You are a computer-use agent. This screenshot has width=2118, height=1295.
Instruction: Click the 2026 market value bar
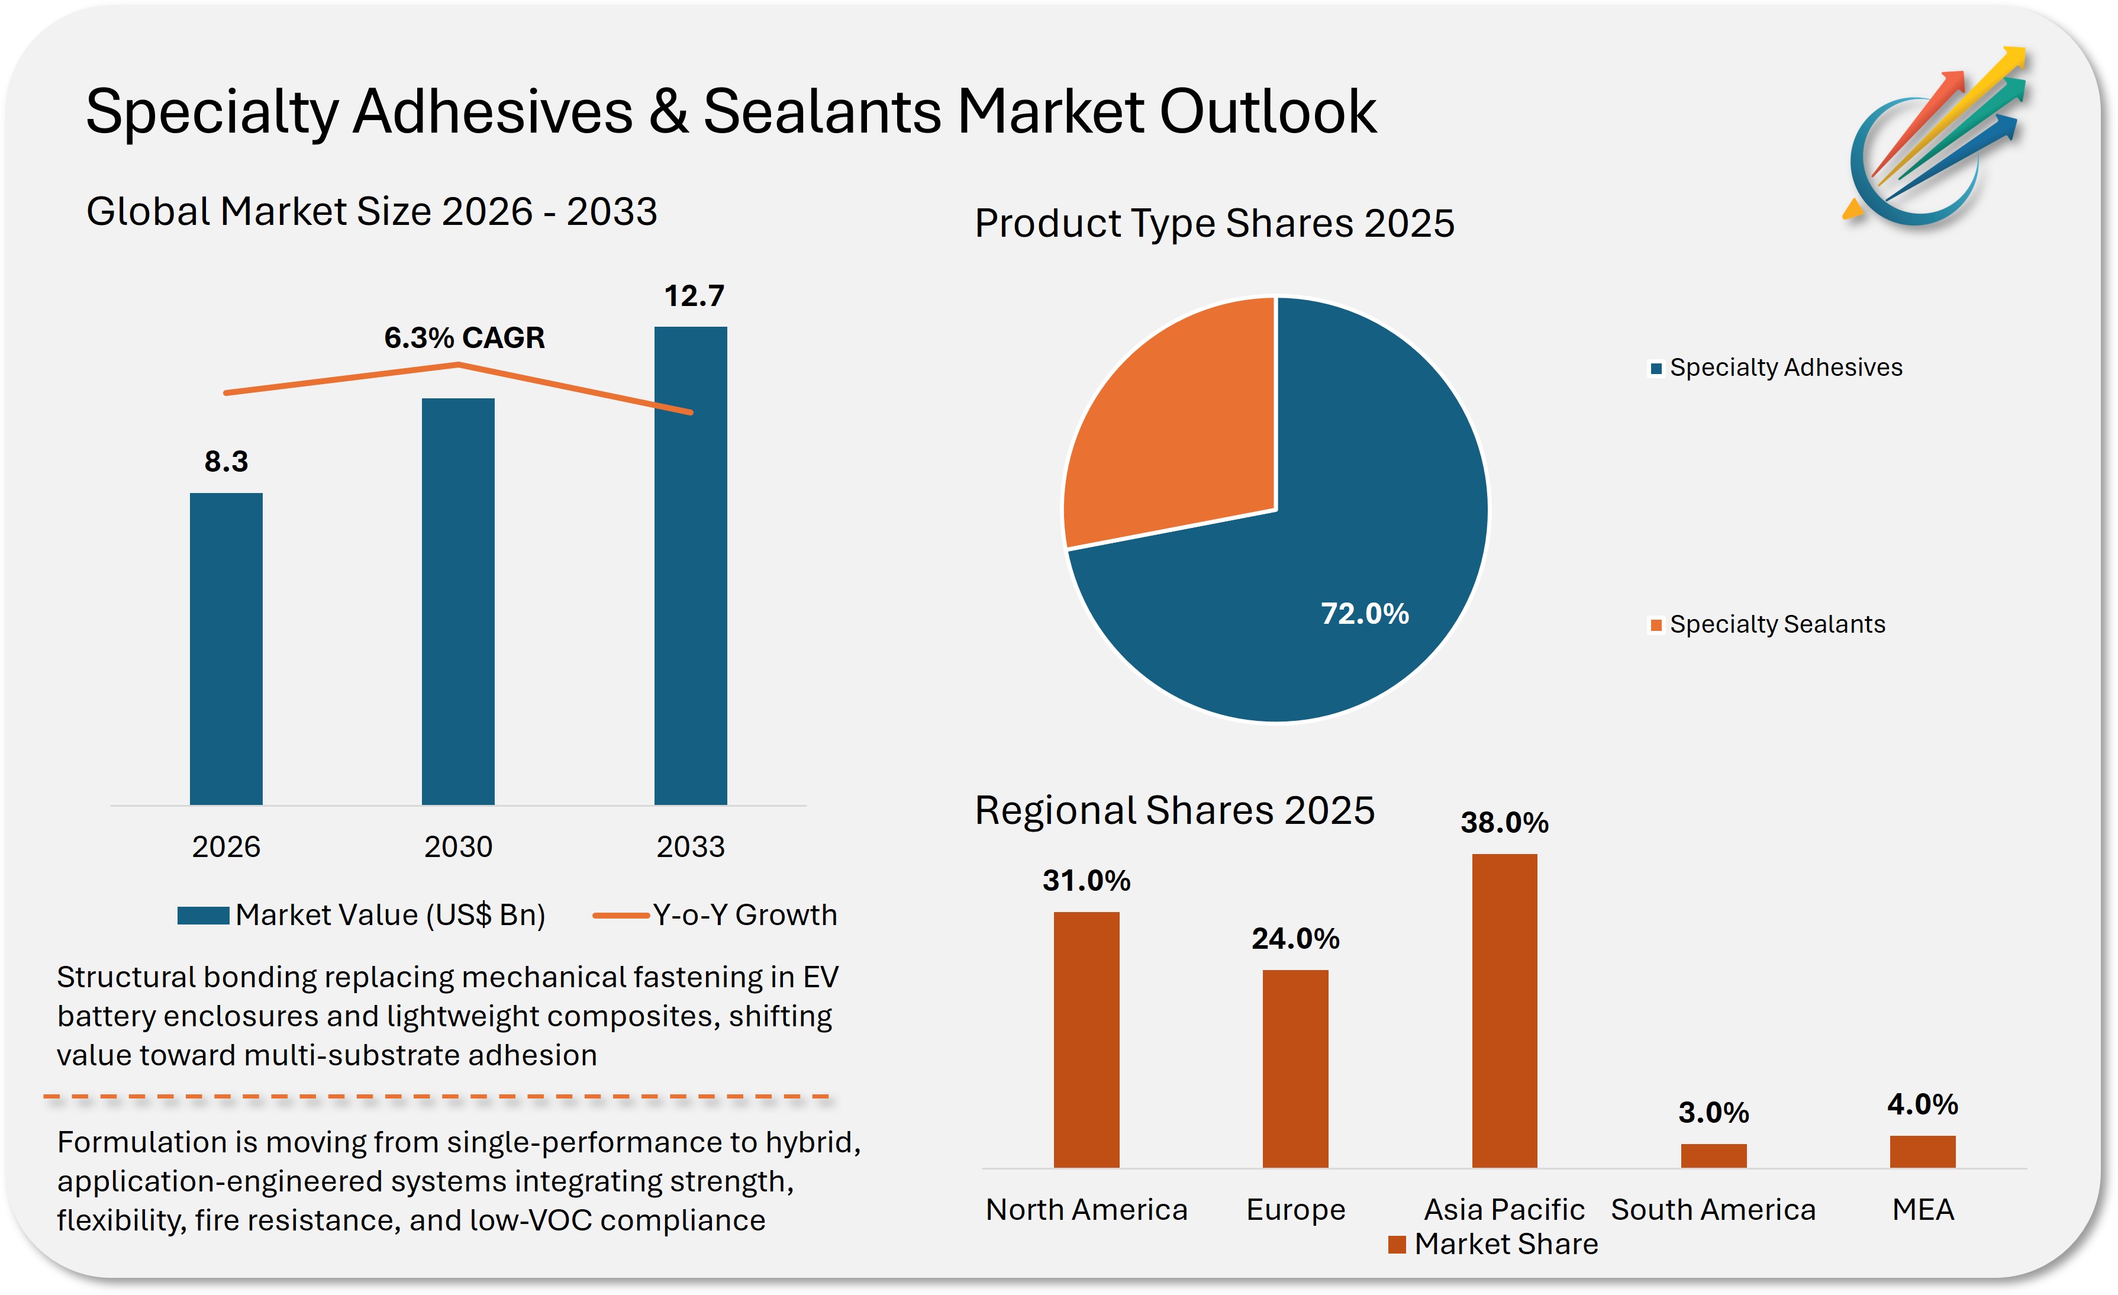click(226, 649)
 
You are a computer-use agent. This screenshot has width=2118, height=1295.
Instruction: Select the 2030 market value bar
click(458, 602)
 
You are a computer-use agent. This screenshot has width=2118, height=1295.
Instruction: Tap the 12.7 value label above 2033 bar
click(694, 296)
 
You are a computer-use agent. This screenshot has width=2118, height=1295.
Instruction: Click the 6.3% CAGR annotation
click(464, 338)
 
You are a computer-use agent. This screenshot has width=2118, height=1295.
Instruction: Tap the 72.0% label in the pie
click(1364, 614)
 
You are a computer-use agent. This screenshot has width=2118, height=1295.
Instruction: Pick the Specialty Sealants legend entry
click(1768, 624)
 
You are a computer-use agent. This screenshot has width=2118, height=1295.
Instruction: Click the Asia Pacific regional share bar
click(1504, 1010)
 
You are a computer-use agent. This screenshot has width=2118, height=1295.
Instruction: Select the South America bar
click(1713, 1156)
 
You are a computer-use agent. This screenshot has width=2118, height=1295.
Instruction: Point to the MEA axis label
click(1923, 1210)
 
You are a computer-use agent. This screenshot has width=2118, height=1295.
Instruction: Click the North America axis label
click(1087, 1210)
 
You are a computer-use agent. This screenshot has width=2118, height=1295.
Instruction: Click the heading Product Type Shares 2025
click(1214, 224)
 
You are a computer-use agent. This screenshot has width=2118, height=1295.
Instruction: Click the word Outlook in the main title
click(1268, 112)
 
